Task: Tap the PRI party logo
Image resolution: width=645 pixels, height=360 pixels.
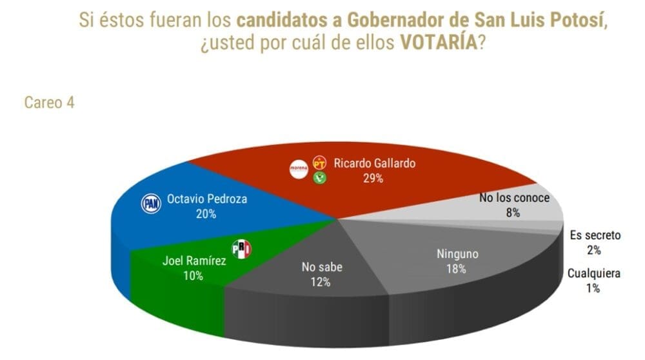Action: click(241, 249)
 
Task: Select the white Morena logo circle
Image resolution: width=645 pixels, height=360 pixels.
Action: click(299, 170)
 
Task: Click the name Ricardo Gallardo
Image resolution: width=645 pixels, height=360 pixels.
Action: click(374, 163)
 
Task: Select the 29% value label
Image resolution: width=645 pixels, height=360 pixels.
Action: click(373, 178)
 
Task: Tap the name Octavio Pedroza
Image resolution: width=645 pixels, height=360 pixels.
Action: click(207, 199)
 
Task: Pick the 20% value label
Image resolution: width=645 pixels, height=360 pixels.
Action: click(206, 214)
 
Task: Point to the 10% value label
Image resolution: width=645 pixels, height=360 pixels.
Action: click(192, 275)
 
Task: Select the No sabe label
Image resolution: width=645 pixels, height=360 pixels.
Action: click(320, 266)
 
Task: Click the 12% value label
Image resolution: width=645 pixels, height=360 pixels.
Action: click(320, 281)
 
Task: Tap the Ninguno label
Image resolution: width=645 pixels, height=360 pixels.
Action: click(457, 254)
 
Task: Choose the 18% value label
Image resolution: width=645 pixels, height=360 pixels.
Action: click(456, 269)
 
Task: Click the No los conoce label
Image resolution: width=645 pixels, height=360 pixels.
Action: click(514, 197)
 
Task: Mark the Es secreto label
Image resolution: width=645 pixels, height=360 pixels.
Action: click(594, 235)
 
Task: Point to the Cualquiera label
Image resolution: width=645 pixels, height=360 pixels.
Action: click(594, 274)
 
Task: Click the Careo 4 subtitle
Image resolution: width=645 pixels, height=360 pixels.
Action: click(49, 103)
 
